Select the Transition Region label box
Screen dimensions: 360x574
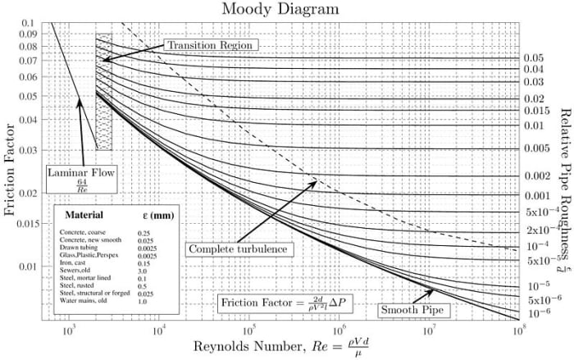click(x=210, y=43)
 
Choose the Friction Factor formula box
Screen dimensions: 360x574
click(x=285, y=303)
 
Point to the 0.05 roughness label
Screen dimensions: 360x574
click(x=535, y=58)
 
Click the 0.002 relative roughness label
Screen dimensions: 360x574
click(x=537, y=176)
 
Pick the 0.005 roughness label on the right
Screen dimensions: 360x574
click(x=537, y=148)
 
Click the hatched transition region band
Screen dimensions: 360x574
click(x=104, y=90)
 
